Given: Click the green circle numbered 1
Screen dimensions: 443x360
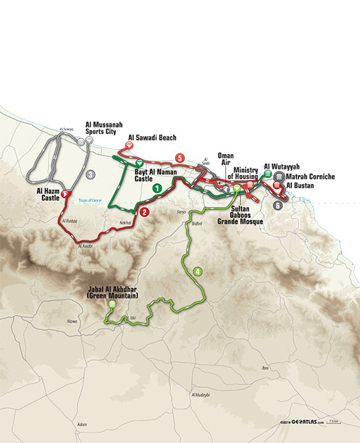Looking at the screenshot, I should coord(156,187).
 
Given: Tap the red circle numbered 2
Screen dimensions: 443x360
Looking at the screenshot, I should coord(145,213).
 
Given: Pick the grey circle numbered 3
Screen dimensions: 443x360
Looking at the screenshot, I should coord(89,174).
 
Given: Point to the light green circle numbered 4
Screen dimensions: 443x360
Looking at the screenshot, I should coord(197,271).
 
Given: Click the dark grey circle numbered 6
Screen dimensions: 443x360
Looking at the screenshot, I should coord(277,206).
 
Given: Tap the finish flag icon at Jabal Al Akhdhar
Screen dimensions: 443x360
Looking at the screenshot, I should coord(112,306).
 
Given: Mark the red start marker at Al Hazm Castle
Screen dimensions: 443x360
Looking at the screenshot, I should coord(64,194).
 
